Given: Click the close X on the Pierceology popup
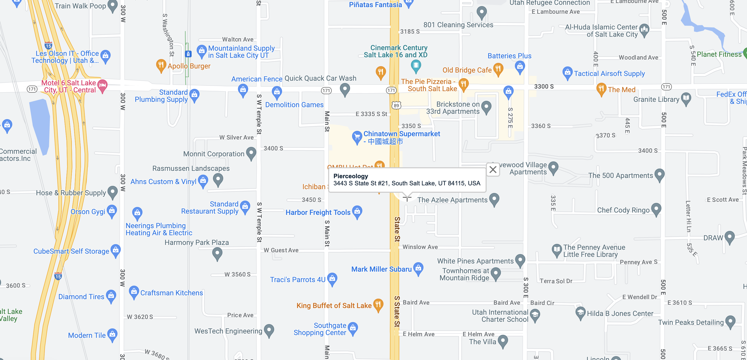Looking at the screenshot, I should coord(493,170).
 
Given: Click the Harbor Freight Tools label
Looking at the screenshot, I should coord(318,213).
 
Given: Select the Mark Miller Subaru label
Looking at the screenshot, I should coord(381,269).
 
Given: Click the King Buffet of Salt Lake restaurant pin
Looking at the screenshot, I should coord(378,305).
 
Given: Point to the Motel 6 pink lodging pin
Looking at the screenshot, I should coord(102,85).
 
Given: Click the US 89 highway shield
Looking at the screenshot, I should coord(396,105).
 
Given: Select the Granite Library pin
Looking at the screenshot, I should coord(686,99).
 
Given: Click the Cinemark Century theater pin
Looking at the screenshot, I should coord(416,65).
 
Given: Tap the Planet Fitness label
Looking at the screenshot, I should coord(719,54).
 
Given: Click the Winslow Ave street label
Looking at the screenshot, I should coord(420,247).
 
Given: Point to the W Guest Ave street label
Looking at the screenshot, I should coord(281,250).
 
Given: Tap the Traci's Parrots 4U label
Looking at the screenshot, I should coord(298,280).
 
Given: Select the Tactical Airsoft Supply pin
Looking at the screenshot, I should coord(567,73).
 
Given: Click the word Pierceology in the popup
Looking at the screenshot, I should coord(351,176).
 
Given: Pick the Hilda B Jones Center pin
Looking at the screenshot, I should coord(580,312).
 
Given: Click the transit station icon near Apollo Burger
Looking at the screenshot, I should coord(188,54).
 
